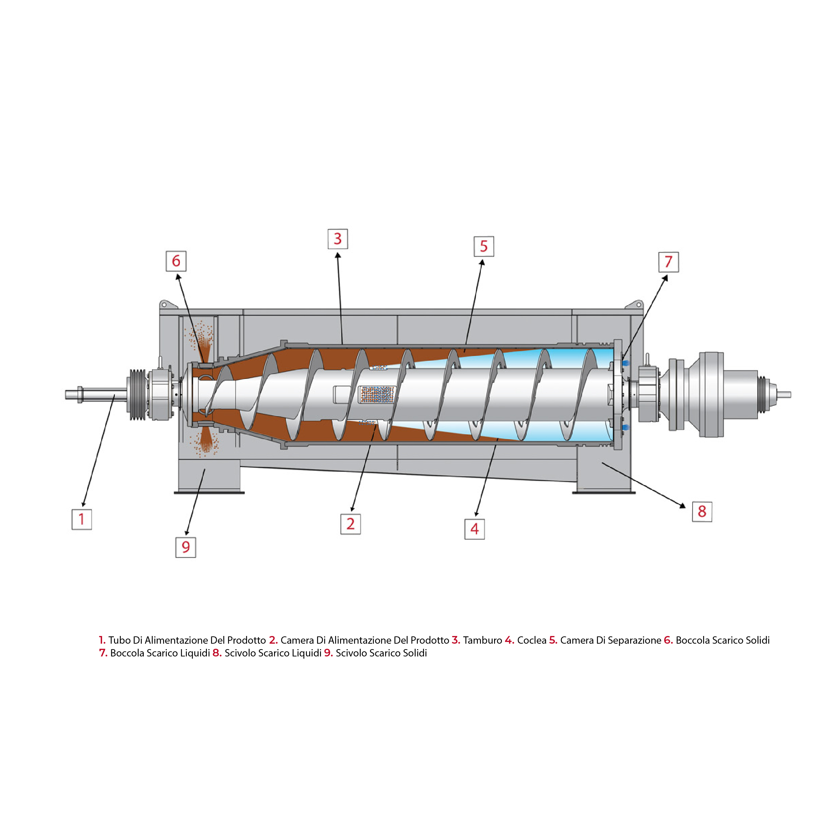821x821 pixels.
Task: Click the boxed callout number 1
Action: [82, 519]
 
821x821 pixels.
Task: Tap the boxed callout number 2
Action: [351, 524]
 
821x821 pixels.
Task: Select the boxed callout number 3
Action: [338, 239]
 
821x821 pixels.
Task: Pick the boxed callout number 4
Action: [475, 529]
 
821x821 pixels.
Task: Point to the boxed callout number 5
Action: [484, 246]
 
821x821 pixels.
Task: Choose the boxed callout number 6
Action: [176, 261]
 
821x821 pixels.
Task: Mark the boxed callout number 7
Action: [668, 262]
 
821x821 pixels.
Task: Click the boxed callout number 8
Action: [702, 511]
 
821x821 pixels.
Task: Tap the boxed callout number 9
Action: [186, 547]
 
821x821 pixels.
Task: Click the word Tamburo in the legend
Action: [482, 640]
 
